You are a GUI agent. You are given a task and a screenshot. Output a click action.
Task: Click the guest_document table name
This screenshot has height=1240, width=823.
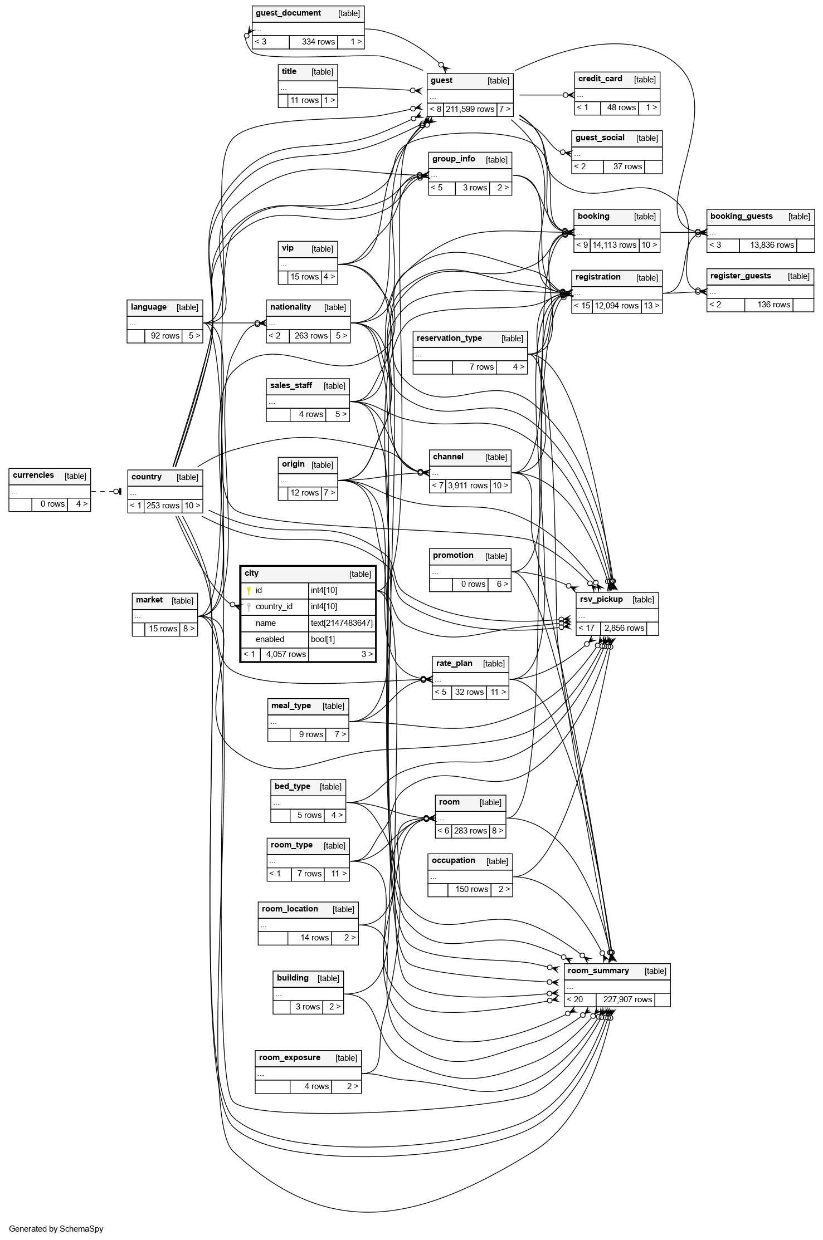click(288, 13)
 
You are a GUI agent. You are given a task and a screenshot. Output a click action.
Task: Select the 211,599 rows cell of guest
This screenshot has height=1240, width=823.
click(470, 109)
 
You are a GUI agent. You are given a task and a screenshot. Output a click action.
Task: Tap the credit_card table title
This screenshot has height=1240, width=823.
click(600, 79)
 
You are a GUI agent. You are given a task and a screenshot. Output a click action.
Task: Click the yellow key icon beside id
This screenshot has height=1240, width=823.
click(249, 591)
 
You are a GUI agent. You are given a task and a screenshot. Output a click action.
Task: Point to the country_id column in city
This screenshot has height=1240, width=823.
click(274, 607)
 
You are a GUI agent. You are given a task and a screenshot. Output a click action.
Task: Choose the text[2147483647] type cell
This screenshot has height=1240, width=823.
click(342, 623)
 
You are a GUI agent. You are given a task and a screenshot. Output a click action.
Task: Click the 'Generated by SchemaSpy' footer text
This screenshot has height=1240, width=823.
click(56, 1228)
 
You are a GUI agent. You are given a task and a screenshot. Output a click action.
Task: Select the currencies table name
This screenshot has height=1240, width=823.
click(33, 476)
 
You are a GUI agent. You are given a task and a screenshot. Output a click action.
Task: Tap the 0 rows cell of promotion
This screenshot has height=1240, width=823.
click(473, 585)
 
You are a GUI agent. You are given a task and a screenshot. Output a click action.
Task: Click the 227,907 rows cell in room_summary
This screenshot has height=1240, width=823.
click(627, 999)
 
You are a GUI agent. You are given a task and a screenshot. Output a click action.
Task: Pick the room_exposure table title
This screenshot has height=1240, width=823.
click(290, 1058)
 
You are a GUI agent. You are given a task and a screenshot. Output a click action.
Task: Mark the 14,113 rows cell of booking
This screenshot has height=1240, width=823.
click(614, 245)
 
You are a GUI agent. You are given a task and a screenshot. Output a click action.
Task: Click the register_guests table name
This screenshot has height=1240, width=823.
click(741, 276)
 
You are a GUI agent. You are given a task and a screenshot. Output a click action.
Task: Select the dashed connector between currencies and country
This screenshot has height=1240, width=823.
click(103, 492)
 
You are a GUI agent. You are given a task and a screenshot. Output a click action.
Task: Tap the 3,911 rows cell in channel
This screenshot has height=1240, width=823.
click(467, 486)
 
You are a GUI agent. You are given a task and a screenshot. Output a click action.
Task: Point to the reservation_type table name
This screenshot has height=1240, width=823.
click(449, 339)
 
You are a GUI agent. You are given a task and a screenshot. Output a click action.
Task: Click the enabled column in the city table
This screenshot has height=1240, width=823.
click(270, 639)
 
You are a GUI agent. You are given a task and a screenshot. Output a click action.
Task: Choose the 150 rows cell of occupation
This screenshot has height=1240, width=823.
click(471, 889)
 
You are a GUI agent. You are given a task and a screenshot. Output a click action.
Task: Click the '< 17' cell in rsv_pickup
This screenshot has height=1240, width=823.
click(587, 628)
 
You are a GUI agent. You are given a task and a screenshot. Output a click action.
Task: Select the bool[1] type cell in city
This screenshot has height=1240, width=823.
click(323, 639)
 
